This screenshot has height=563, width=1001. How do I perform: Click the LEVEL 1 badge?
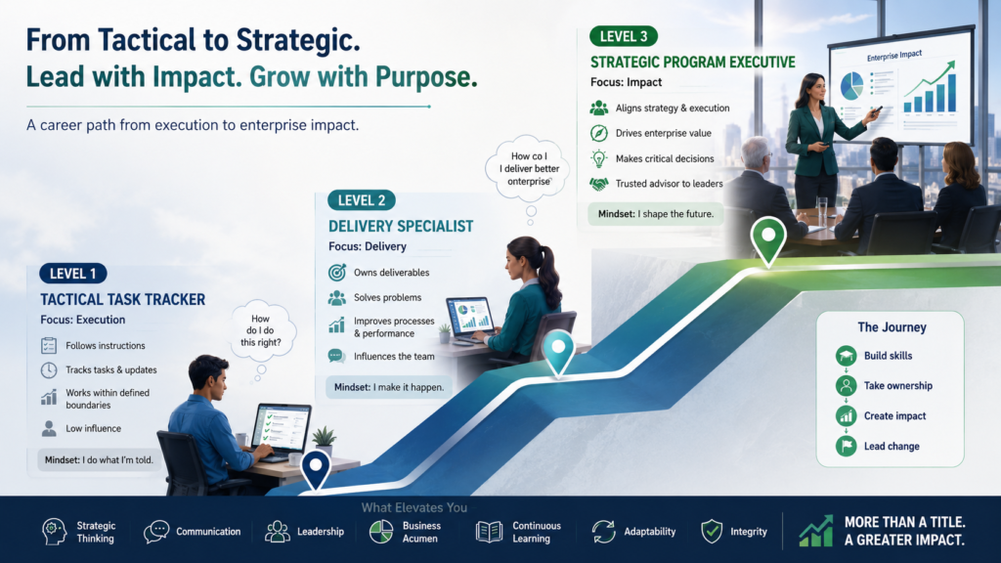point(72,274)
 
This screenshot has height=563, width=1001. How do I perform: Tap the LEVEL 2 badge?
point(362,200)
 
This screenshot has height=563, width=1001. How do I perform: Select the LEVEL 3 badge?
point(624,36)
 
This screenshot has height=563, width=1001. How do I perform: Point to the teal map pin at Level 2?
point(558,353)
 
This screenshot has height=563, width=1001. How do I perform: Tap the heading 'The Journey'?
point(892,327)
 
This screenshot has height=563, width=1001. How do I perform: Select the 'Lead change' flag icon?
point(846,446)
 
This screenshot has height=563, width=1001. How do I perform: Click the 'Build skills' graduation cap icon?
point(846,356)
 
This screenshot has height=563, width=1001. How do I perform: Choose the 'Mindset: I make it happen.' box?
point(389,387)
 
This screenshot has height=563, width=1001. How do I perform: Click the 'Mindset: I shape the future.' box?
point(656,214)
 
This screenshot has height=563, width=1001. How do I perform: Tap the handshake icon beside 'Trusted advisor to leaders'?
point(599,184)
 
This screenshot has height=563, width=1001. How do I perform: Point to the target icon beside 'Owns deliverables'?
point(337,273)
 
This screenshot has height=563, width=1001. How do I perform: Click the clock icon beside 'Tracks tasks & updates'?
point(49,370)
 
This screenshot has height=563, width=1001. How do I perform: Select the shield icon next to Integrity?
point(712,531)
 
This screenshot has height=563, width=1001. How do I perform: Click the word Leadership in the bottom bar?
point(321,532)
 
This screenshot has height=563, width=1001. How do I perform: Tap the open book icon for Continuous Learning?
point(489,532)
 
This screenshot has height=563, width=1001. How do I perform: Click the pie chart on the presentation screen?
point(851,86)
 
